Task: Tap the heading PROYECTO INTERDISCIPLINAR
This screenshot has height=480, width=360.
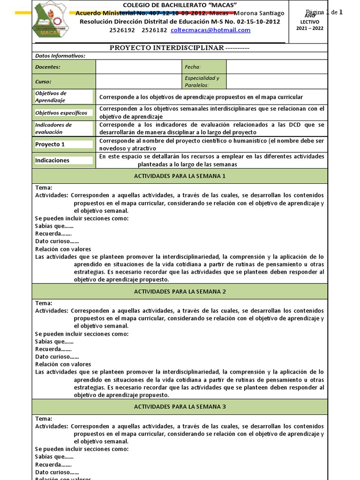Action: (166, 48)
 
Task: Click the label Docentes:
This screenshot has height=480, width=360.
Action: (48, 67)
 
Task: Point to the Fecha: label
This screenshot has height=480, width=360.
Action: (193, 67)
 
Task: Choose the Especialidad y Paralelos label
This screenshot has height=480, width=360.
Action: (202, 82)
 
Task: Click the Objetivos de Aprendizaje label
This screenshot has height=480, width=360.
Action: (51, 97)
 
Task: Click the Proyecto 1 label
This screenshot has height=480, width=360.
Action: (50, 144)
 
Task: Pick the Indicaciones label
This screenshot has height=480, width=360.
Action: (52, 160)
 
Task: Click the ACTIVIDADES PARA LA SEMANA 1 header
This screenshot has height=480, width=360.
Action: (180, 176)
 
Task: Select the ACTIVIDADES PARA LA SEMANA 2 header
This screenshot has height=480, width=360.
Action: (180, 292)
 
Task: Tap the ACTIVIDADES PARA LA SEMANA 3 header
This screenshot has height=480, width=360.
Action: (180, 406)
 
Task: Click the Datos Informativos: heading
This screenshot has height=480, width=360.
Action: (60, 56)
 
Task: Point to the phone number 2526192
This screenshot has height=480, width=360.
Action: (121, 30)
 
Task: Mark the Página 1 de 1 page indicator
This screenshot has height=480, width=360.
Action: (325, 13)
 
